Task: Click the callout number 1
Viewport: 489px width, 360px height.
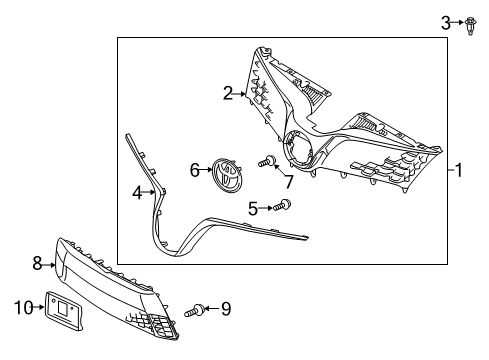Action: [x=458, y=170]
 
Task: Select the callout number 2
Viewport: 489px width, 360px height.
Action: [x=228, y=93]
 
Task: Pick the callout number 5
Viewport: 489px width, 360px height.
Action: [x=254, y=208]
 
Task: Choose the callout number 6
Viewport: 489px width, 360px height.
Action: [x=195, y=171]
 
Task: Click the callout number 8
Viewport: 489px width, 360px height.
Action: [x=37, y=264]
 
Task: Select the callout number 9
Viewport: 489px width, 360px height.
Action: [x=225, y=309]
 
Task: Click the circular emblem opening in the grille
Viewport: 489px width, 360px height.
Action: [x=299, y=150]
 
